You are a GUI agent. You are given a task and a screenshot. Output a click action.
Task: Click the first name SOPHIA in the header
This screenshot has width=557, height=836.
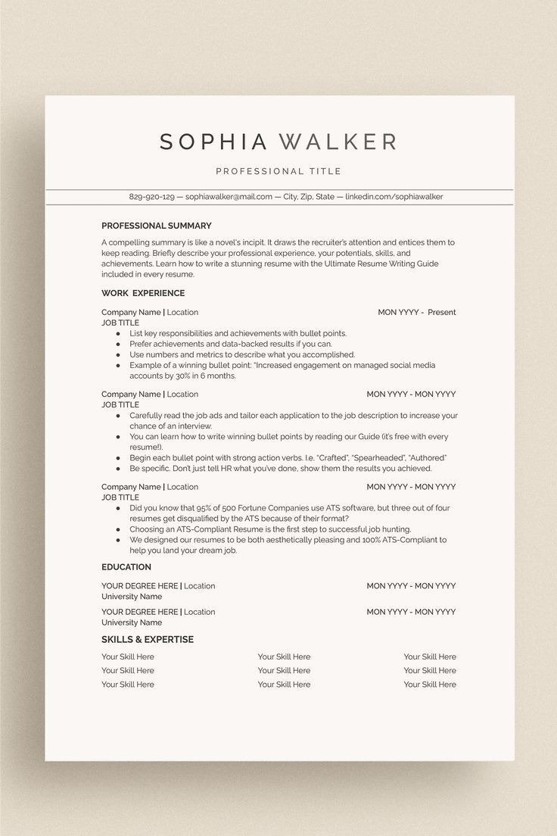click(x=213, y=142)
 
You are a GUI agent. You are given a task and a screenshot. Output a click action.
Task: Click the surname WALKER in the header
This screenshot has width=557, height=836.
click(x=338, y=142)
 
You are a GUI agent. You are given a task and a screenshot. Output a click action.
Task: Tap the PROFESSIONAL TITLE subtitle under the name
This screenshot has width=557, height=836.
click(x=278, y=171)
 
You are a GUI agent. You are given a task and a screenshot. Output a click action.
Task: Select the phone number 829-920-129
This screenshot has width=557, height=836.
click(x=152, y=197)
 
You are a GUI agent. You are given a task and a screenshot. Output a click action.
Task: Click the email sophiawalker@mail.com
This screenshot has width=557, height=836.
click(x=229, y=197)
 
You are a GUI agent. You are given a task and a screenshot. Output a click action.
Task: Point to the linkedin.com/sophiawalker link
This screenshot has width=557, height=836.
click(x=394, y=197)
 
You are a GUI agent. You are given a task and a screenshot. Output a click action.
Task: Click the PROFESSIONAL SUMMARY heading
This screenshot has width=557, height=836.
click(x=157, y=226)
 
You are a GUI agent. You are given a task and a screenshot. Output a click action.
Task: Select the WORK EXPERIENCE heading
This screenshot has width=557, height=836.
click(x=143, y=293)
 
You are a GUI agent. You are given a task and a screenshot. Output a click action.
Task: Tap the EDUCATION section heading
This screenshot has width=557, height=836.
click(x=126, y=567)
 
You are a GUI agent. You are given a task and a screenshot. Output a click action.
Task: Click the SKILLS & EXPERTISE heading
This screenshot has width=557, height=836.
click(x=148, y=640)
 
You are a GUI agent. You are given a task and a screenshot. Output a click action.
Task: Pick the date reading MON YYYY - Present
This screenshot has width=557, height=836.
click(x=417, y=312)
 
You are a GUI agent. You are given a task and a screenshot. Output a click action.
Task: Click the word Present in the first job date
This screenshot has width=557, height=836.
click(x=442, y=312)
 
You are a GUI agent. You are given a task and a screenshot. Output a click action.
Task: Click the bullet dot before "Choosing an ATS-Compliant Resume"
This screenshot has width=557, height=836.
click(x=119, y=529)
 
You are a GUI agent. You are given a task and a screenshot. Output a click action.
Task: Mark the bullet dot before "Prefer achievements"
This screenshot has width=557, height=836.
click(x=119, y=344)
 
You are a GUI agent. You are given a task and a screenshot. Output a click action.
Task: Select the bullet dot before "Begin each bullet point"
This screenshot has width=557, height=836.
click(x=119, y=458)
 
